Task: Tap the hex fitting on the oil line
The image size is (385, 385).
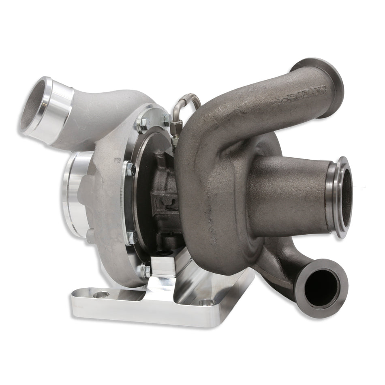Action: [x=175, y=140]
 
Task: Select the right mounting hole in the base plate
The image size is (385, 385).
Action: [x=208, y=302]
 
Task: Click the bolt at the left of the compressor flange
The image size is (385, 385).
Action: [x=130, y=170]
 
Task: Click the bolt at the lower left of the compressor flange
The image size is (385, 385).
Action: [x=131, y=237]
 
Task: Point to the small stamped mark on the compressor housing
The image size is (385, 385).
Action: [x=118, y=160]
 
